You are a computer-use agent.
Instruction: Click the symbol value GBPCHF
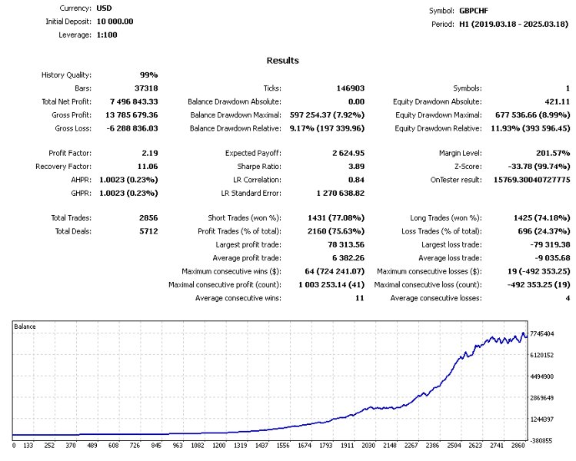[474, 11]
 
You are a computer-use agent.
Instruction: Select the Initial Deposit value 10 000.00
[115, 22]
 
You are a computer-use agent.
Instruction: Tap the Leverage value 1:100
[107, 35]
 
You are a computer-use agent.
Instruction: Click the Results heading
[282, 61]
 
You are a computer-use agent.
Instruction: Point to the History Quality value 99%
[148, 75]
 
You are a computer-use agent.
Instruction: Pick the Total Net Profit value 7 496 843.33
[134, 101]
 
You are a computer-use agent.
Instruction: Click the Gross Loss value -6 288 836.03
[132, 128]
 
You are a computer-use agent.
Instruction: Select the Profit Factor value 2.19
[150, 153]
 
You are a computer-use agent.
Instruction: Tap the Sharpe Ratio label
[259, 167]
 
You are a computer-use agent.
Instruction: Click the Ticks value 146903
[351, 88]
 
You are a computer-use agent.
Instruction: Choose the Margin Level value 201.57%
[553, 153]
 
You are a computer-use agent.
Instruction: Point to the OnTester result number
[531, 180]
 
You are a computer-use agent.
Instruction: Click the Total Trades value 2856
[148, 218]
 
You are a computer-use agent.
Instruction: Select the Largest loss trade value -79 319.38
[550, 245]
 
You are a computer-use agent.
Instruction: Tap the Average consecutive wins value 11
[360, 298]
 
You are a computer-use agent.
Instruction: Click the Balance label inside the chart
[25, 327]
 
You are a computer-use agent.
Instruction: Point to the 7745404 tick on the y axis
[542, 334]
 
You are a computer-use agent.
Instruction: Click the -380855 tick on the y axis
[541, 441]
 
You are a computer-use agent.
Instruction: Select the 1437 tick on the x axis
[262, 446]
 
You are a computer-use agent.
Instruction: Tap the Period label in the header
[443, 25]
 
